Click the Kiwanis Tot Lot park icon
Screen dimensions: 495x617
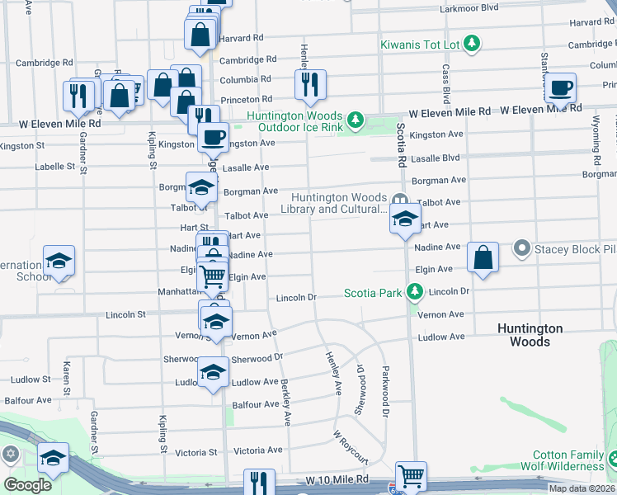(x=472, y=42)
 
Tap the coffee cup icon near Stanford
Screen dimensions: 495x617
(x=561, y=87)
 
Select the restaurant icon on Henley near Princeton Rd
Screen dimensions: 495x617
(x=310, y=84)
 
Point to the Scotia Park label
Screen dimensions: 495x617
(x=374, y=293)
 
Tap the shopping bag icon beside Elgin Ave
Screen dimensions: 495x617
(x=483, y=257)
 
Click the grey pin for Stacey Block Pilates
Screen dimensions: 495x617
(x=521, y=247)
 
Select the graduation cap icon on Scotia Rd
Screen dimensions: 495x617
(x=404, y=220)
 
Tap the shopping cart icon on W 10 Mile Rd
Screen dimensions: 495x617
(x=411, y=476)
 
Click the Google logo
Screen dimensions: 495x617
(x=27, y=485)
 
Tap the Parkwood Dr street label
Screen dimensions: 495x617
(x=384, y=392)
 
